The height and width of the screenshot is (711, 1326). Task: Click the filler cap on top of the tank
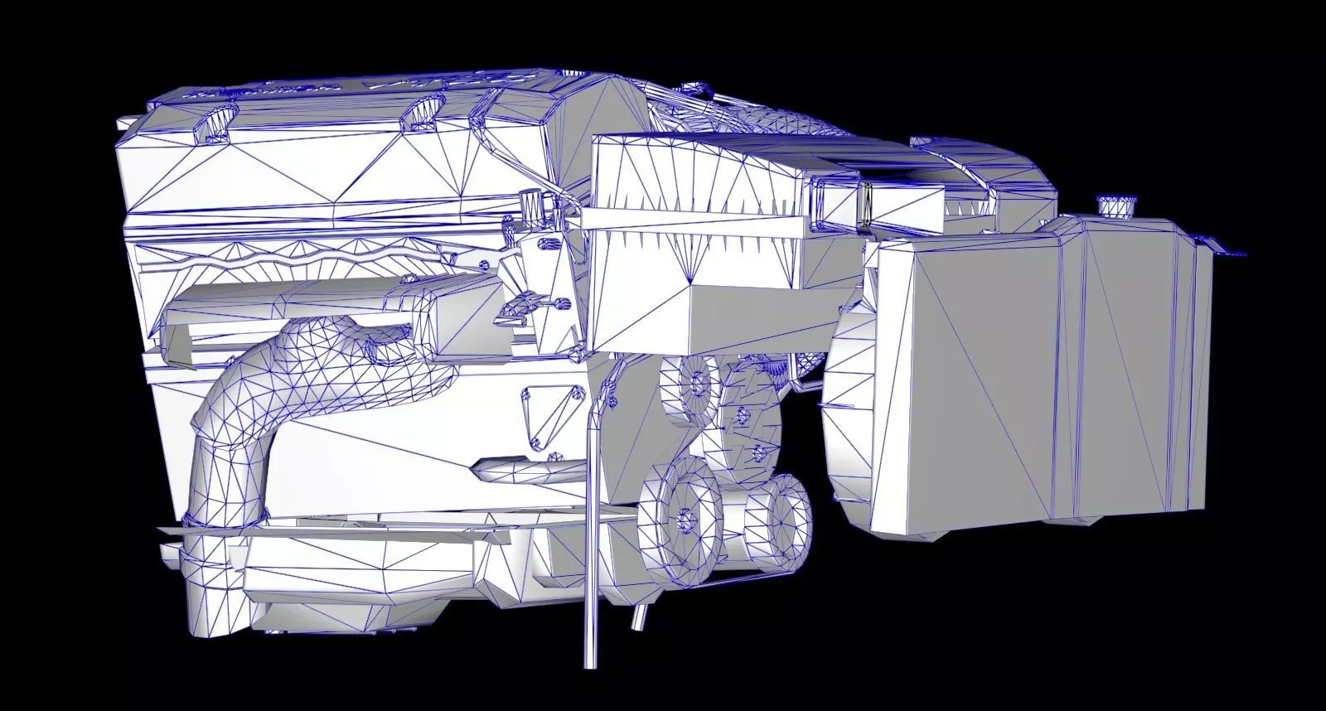pyautogui.click(x=1116, y=205)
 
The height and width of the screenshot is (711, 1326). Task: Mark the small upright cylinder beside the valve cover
pyautogui.click(x=533, y=208)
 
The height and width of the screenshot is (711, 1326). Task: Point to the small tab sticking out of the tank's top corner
pyautogui.click(x=1227, y=248)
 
